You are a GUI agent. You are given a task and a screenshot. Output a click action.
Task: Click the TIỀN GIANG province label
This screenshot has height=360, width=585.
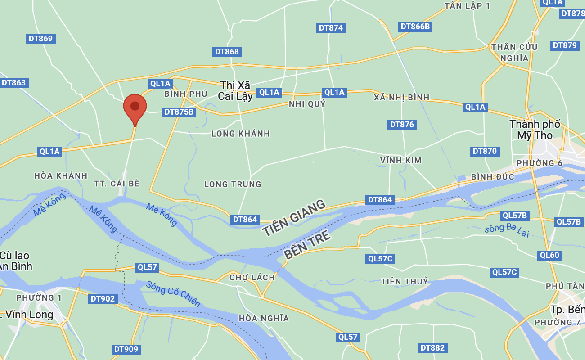click(x=294, y=218)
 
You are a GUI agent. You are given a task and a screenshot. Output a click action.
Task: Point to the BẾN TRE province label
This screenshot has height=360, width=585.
click(x=308, y=245)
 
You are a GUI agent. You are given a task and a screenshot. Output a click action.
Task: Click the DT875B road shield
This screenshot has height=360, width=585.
click(x=179, y=112)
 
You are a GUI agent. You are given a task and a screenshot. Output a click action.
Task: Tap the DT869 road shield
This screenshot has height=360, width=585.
click(x=40, y=39)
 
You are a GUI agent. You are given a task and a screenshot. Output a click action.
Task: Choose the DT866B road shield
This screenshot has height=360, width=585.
click(x=415, y=27)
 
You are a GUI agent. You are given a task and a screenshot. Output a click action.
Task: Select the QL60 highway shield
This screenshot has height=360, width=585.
click(x=549, y=256)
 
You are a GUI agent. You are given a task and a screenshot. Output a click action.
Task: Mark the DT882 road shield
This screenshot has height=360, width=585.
click(x=432, y=348)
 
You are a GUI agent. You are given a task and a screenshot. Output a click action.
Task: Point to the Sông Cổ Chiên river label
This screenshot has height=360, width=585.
click(x=173, y=293)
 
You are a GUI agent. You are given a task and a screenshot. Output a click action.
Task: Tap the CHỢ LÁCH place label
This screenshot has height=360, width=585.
click(x=252, y=277)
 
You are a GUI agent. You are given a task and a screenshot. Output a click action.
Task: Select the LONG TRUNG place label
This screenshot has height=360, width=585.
click(x=233, y=184)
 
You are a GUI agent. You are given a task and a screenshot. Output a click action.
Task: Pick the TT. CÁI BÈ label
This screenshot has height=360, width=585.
click(x=117, y=184)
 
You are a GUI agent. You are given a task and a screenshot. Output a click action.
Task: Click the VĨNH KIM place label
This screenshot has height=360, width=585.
click(x=400, y=160)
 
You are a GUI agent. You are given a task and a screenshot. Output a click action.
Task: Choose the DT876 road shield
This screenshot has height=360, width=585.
click(x=402, y=125)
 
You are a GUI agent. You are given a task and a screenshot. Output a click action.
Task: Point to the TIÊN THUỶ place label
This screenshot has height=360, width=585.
click(x=405, y=281)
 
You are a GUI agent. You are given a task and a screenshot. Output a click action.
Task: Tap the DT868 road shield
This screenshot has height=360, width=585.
click(x=227, y=52)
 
